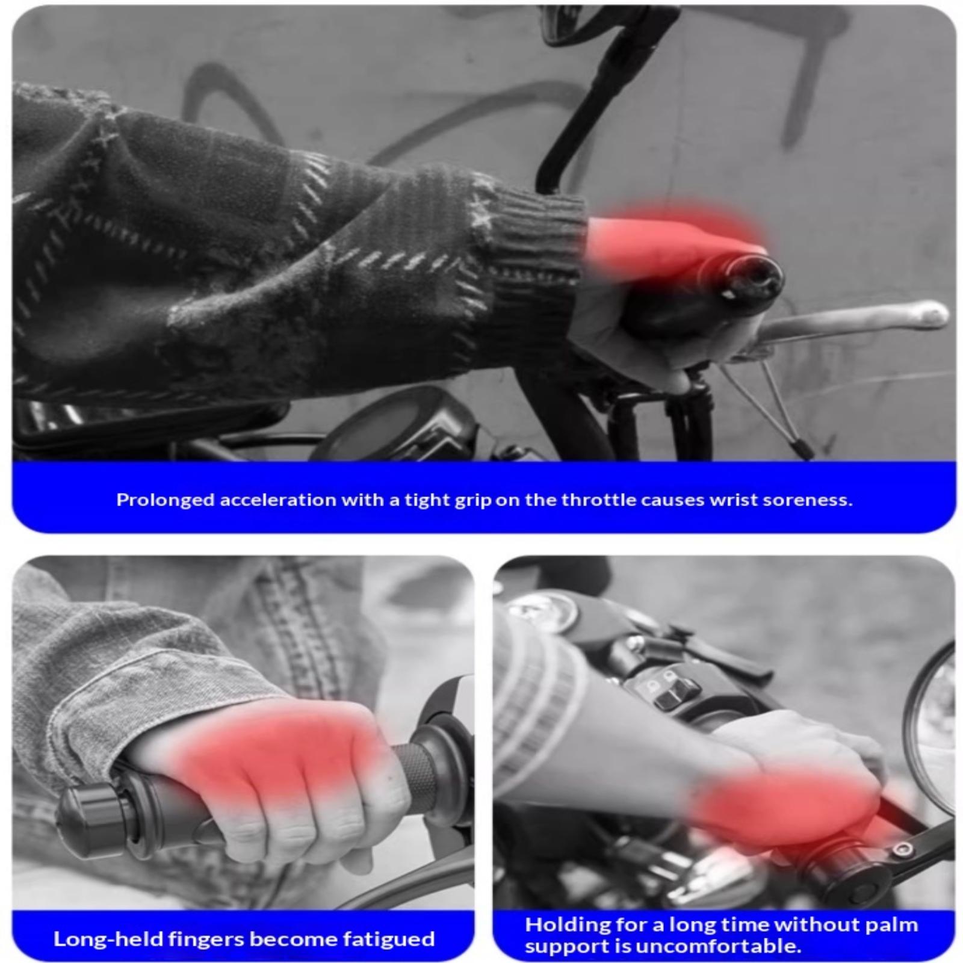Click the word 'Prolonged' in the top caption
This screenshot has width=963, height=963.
pyautogui.click(x=166, y=500)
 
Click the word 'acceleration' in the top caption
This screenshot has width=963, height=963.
pyautogui.click(x=277, y=500)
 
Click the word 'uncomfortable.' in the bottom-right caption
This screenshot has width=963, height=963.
pyautogui.click(x=718, y=946)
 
